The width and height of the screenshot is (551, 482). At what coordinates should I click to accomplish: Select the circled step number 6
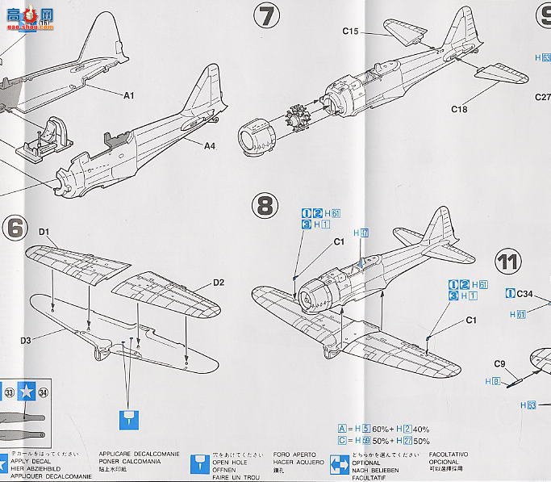(15, 228)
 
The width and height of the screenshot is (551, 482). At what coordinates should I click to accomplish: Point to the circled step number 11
(508, 262)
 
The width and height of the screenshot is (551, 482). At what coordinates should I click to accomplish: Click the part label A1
(128, 95)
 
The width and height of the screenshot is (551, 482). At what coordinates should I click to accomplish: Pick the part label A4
(209, 146)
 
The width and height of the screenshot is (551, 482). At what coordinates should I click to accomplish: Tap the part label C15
(349, 31)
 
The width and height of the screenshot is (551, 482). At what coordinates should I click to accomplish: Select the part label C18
(459, 109)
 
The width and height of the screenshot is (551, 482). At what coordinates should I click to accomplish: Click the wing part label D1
(44, 234)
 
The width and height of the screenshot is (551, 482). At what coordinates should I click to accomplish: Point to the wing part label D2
(219, 283)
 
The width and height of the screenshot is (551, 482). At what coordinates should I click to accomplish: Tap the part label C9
(499, 363)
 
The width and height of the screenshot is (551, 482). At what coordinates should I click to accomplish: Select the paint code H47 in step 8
(361, 233)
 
